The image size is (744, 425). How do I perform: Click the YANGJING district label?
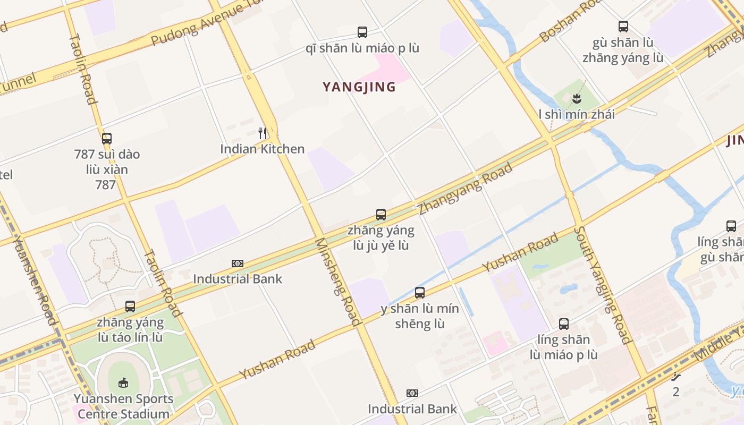359,87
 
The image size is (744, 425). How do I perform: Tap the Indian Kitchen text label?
263,149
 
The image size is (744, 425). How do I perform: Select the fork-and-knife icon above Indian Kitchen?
263,133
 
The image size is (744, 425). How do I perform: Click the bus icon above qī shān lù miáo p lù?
362,32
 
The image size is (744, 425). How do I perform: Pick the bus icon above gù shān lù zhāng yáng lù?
623,27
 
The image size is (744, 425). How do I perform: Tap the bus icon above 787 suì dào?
107,139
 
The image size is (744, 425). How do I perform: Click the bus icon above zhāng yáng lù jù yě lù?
381,215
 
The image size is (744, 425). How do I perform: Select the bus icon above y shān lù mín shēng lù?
420,292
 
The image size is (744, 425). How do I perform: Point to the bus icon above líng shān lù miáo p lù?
564,324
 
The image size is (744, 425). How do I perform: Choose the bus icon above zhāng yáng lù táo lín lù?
130,306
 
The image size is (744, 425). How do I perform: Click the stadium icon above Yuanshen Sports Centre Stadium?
123,382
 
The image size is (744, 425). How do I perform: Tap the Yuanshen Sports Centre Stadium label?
124,406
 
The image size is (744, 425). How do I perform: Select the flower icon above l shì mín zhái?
577,98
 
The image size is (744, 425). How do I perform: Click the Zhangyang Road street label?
466,189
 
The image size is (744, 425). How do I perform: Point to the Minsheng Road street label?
338,282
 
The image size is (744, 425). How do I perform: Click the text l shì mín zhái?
577,114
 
